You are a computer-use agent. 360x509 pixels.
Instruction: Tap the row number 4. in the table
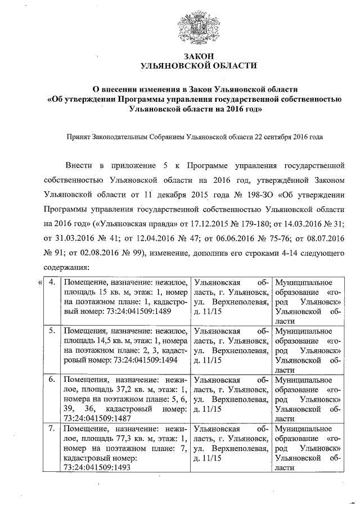[52, 282]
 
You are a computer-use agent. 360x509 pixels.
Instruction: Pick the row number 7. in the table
[52, 429]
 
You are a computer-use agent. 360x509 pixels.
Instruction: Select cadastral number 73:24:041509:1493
[98, 467]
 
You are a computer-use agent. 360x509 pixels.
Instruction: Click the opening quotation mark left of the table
[39, 282]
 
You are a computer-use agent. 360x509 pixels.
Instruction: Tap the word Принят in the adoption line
[79, 136]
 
